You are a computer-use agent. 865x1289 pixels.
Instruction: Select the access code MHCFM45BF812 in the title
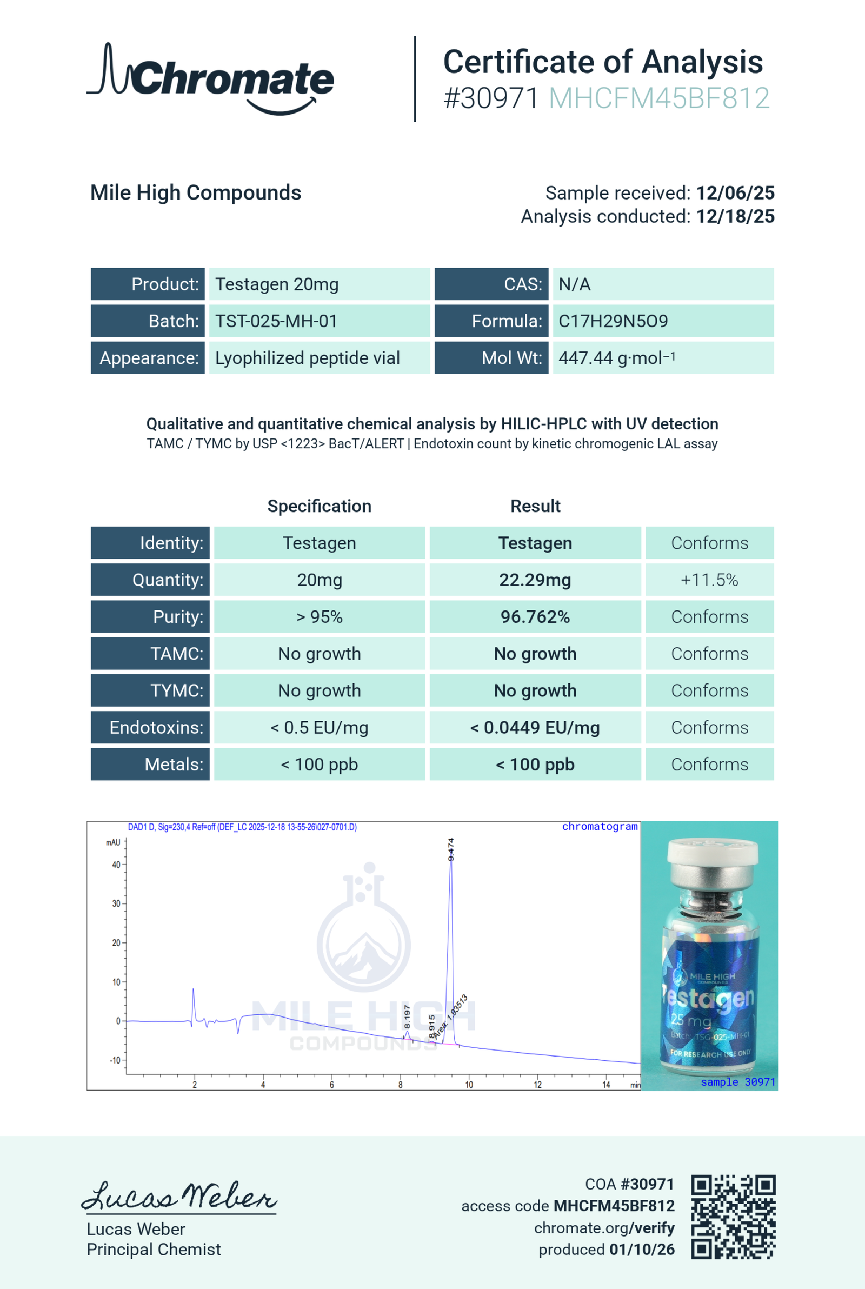pyautogui.click(x=658, y=99)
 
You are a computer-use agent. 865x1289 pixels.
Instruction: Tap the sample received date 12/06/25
pyautogui.click(x=735, y=193)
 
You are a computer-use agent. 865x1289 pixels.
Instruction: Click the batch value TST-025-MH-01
pyautogui.click(x=276, y=321)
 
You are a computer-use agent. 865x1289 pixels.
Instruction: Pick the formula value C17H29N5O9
pyautogui.click(x=613, y=321)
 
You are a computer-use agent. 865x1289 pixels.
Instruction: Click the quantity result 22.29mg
pyautogui.click(x=535, y=580)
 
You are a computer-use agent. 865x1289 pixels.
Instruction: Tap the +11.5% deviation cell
pyautogui.click(x=709, y=580)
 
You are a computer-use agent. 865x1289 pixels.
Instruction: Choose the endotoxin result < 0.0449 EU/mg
pyautogui.click(x=535, y=728)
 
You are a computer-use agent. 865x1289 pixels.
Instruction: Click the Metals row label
pyautogui.click(x=173, y=765)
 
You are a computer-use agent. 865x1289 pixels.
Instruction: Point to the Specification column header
pyautogui.click(x=319, y=506)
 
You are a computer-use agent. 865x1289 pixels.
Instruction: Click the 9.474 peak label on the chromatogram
pyautogui.click(x=451, y=849)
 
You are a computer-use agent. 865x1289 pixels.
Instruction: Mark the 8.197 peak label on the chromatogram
pyautogui.click(x=407, y=1016)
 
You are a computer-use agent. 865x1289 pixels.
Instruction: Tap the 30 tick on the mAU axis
pyautogui.click(x=116, y=903)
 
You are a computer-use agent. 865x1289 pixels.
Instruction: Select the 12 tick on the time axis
pyautogui.click(x=537, y=1085)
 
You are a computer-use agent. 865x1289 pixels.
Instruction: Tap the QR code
pyautogui.click(x=733, y=1217)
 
